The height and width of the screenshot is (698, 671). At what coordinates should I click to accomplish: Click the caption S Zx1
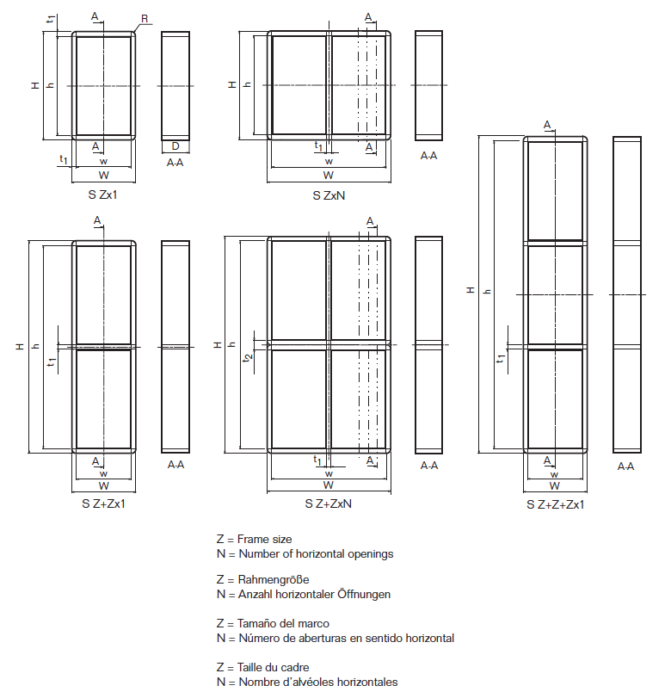tap(102, 195)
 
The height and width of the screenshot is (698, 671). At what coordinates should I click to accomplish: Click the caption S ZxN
tap(329, 196)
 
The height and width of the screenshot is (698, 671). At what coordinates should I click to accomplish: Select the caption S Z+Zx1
tap(102, 503)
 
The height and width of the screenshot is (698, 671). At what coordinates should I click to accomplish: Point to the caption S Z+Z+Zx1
tap(556, 504)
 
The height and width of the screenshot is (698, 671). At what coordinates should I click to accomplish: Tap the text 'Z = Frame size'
tap(254, 539)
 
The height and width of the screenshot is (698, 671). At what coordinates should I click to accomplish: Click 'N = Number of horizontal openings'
tap(305, 553)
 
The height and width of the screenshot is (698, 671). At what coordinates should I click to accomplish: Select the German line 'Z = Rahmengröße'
tap(262, 580)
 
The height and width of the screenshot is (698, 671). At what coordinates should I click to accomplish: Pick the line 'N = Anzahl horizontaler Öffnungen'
tap(304, 594)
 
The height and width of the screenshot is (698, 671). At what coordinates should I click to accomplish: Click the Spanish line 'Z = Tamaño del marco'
tap(273, 623)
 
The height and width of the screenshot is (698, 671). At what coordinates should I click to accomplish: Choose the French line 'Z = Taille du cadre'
tap(263, 667)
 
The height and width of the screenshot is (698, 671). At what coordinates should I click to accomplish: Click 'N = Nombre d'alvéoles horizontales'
tap(307, 682)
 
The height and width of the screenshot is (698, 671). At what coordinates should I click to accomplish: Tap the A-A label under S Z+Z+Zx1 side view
tap(625, 466)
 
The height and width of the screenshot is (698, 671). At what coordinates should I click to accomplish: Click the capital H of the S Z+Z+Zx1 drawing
tap(470, 290)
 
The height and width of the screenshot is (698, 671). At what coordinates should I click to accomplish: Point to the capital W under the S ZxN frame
tap(329, 176)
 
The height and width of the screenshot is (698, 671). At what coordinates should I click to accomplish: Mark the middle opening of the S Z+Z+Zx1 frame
tap(555, 294)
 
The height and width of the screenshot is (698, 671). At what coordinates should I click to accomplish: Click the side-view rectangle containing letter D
tap(175, 86)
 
